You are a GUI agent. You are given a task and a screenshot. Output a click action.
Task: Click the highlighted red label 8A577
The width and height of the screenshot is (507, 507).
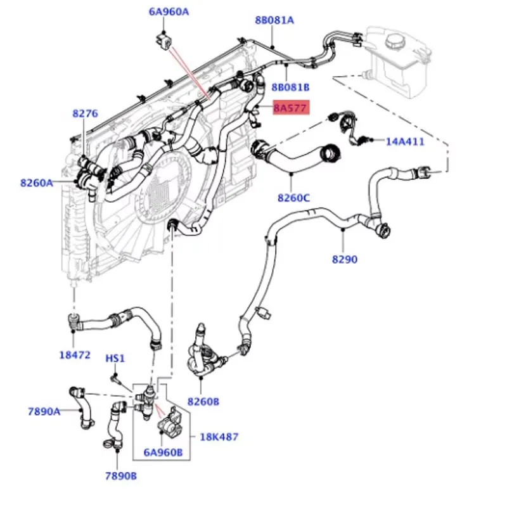click(290, 108)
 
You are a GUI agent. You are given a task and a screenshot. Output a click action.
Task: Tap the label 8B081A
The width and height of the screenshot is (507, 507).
click(274, 20)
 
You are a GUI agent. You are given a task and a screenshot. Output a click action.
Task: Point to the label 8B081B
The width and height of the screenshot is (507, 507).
click(290, 86)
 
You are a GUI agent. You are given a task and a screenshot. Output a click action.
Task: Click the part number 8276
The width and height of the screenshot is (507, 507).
click(85, 113)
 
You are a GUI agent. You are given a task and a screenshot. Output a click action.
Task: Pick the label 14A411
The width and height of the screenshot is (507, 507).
click(405, 141)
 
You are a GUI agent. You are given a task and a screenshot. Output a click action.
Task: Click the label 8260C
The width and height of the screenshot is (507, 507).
click(293, 198)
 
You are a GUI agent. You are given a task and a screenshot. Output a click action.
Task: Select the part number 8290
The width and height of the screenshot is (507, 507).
click(345, 259)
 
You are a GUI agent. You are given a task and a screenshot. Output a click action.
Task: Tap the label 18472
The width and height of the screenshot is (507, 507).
click(75, 355)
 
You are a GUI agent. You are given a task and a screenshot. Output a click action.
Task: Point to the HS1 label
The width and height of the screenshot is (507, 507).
click(115, 359)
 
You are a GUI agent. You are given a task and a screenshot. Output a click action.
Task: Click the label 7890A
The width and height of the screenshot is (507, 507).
click(44, 411)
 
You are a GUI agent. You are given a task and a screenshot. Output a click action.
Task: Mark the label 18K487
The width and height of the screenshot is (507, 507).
click(219, 437)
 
